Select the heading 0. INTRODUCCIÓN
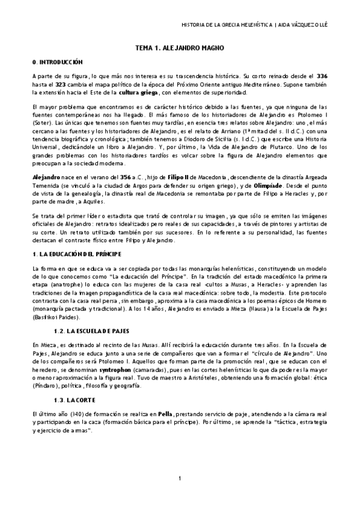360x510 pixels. [x=57, y=62]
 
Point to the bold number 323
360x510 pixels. [x=58, y=85]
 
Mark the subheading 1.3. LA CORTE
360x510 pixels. [x=73, y=400]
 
